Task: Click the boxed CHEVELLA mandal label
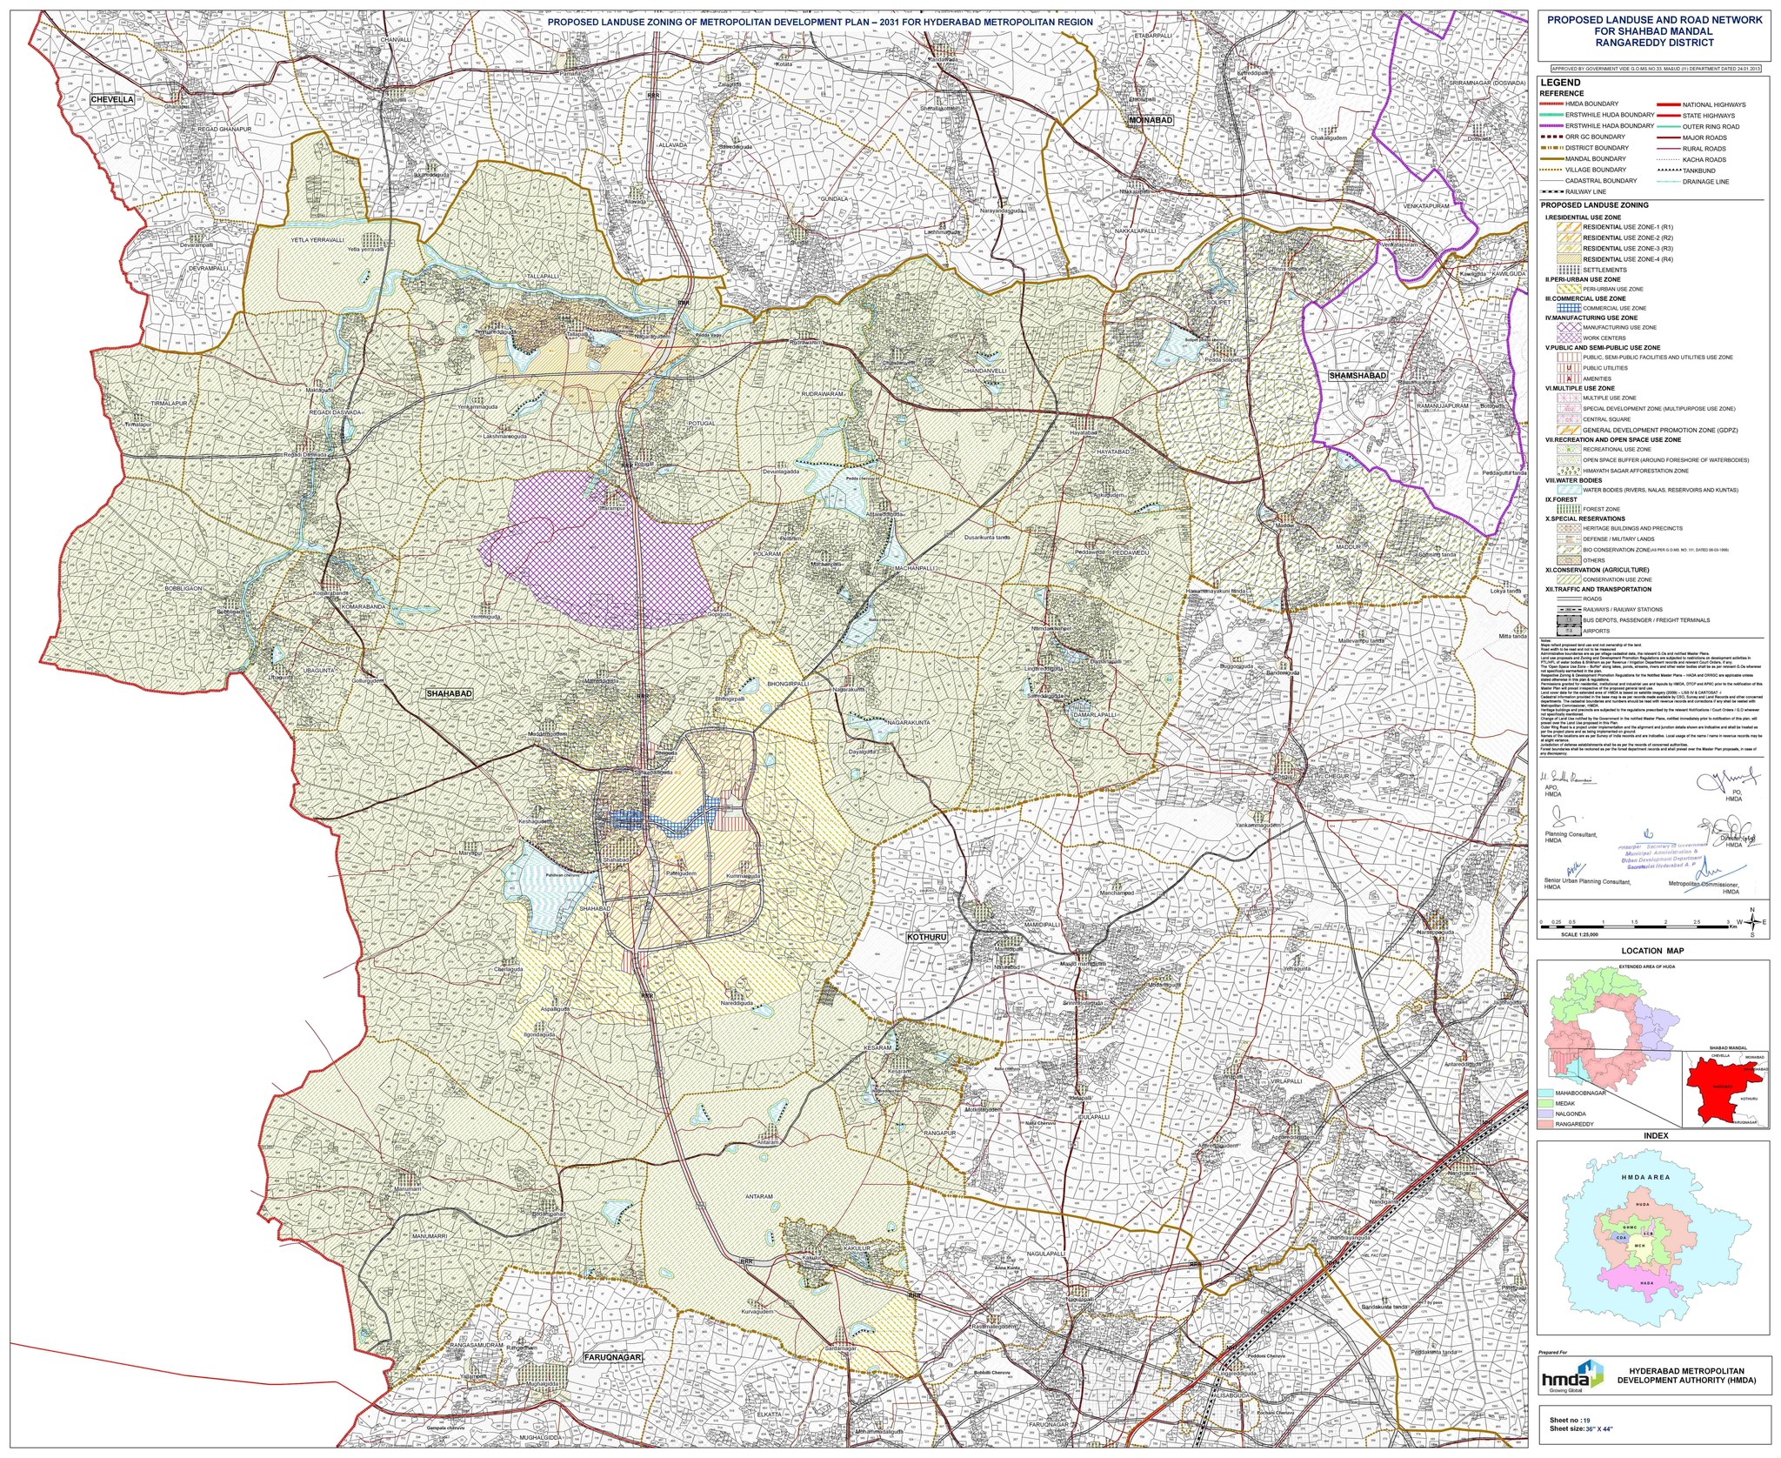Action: point(113,99)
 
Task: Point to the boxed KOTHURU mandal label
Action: point(925,938)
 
